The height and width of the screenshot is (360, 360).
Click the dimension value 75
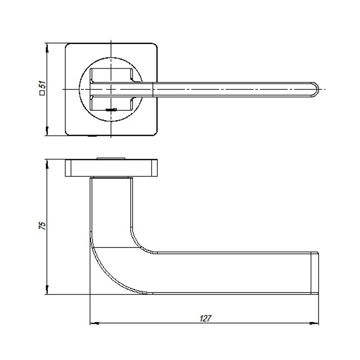point(42,226)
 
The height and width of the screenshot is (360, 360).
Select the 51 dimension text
point(42,85)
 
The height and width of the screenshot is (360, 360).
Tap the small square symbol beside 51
point(42,94)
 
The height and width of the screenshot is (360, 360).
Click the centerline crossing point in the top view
point(111,89)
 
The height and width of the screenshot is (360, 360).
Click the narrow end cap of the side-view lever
point(315,273)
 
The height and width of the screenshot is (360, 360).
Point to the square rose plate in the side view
point(111,168)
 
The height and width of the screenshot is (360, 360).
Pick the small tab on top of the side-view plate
point(111,157)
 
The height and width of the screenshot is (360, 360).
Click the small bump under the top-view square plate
point(93,136)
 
